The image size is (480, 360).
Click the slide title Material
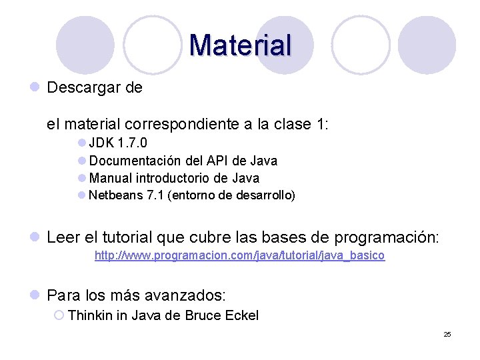click(x=240, y=45)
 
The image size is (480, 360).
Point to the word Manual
click(x=111, y=178)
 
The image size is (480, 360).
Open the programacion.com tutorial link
click(x=239, y=255)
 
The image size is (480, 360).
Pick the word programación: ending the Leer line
click(x=396, y=238)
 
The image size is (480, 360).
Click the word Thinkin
click(x=90, y=315)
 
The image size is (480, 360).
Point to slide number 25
click(x=447, y=334)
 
